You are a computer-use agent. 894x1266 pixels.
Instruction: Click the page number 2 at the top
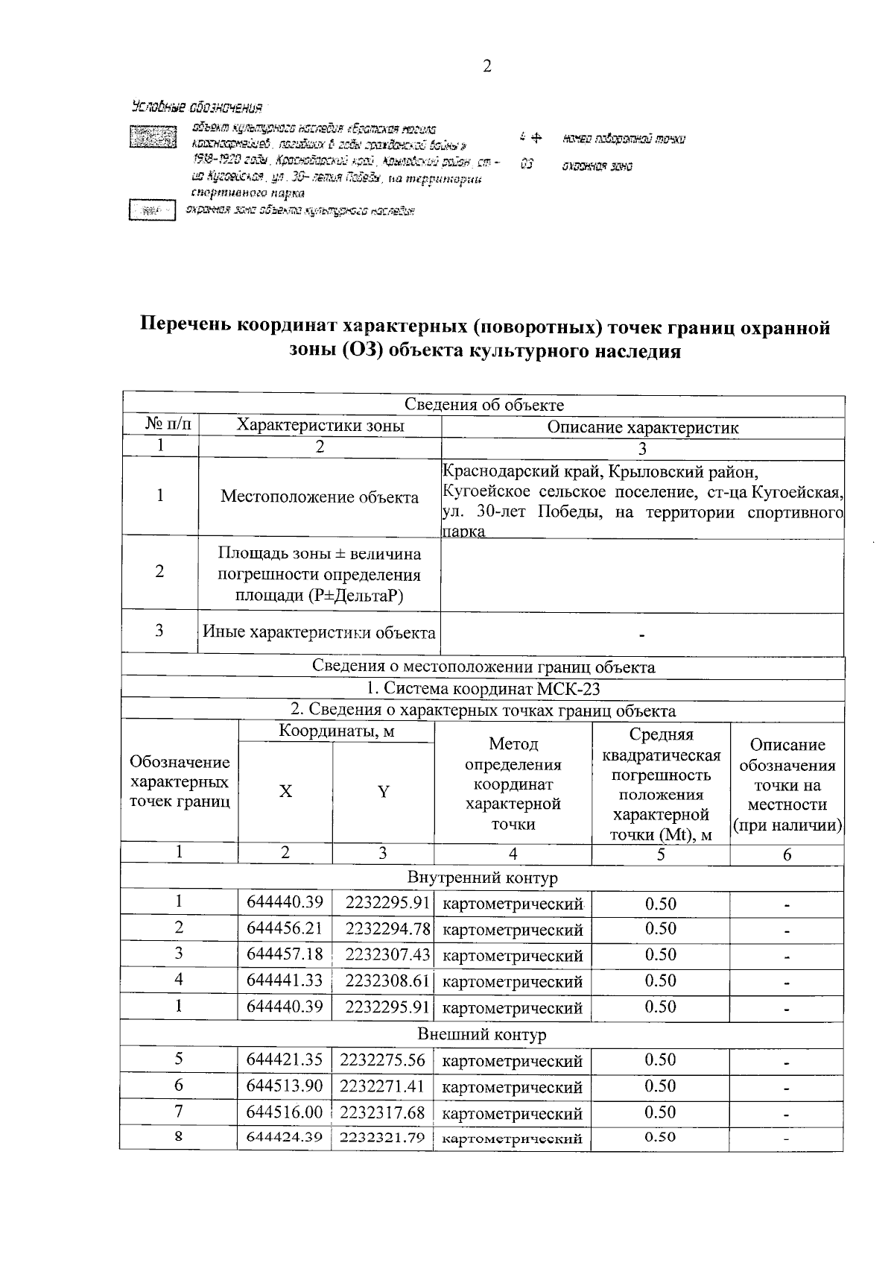tap(486, 67)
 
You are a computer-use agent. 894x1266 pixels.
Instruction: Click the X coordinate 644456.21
tap(285, 929)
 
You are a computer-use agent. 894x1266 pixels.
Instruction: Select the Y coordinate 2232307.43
tap(383, 955)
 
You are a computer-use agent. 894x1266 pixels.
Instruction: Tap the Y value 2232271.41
tap(382, 1086)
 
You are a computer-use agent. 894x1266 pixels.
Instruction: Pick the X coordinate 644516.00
tap(285, 1112)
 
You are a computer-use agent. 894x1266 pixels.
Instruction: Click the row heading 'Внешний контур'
tap(482, 1034)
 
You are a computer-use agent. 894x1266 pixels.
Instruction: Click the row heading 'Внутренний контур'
tap(482, 878)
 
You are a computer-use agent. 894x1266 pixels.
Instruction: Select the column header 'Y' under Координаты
tap(383, 792)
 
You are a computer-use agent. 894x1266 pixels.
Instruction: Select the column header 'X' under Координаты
tap(285, 792)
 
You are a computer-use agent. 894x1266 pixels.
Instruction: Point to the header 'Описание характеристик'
tap(642, 427)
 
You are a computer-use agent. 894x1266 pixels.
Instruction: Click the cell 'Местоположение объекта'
tap(320, 497)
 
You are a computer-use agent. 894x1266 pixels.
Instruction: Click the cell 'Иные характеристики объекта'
tap(320, 633)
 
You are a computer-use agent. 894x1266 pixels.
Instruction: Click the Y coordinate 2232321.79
tap(382, 1138)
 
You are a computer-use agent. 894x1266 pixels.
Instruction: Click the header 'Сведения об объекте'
tap(484, 405)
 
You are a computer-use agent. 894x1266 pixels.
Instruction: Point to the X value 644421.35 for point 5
tap(285, 1060)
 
